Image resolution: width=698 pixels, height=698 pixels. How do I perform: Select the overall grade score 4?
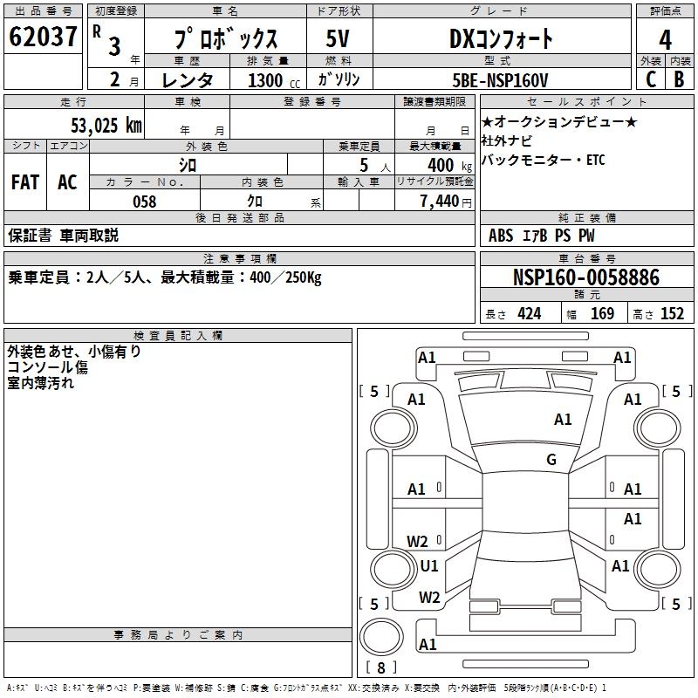coord(666,40)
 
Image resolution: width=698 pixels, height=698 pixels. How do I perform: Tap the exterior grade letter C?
coord(650,79)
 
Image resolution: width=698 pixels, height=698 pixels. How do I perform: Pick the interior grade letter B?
coord(680,79)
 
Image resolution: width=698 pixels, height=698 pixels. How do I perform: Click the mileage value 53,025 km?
coord(94,125)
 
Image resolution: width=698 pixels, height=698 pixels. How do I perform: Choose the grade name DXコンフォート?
coord(501,39)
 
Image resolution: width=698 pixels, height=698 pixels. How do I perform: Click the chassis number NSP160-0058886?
coord(585,277)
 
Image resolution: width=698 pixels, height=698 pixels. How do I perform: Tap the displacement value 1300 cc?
coord(265,80)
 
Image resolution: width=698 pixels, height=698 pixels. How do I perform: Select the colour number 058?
coord(145,202)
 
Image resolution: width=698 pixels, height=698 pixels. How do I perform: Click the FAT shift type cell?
coord(25,182)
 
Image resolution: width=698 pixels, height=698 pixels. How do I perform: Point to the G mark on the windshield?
coord(551,459)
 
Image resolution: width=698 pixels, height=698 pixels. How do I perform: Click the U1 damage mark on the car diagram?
coord(429,565)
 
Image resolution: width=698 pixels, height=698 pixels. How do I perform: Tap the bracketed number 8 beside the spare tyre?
coord(381,667)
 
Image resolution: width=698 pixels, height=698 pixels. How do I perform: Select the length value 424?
coord(529,314)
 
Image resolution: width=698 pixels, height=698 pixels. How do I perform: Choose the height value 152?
coord(672,314)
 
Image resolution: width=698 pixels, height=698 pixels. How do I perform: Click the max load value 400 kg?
coord(441,165)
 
